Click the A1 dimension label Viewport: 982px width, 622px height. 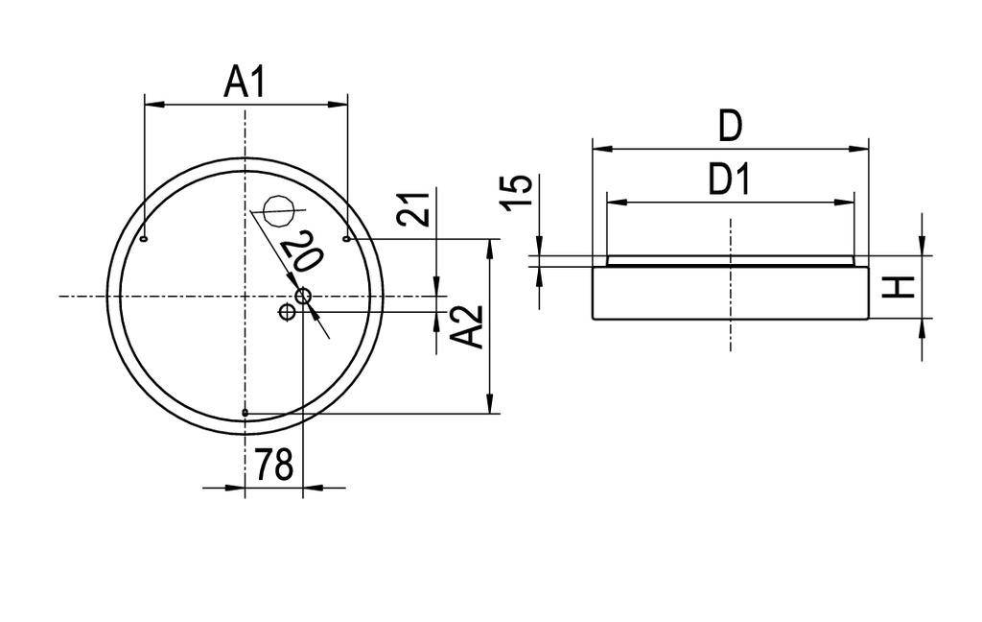pyautogui.click(x=245, y=83)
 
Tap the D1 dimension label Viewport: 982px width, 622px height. pyautogui.click(x=730, y=179)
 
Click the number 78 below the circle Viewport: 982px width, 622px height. pyautogui.click(x=273, y=466)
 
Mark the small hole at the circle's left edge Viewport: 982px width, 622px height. pyautogui.click(x=144, y=239)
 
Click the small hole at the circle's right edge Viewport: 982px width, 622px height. pyautogui.click(x=346, y=238)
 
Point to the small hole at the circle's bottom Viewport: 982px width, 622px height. pyautogui.click(x=245, y=414)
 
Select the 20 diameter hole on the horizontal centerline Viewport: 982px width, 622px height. pyautogui.click(x=303, y=296)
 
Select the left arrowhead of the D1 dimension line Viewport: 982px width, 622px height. pyautogui.click(x=615, y=202)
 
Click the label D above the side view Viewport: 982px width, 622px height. pyautogui.click(x=730, y=126)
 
